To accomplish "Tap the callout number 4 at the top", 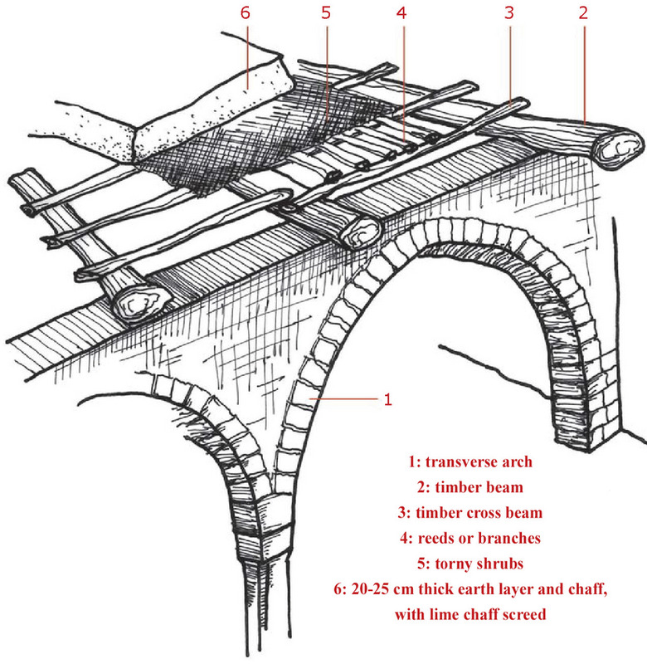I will click(401, 14).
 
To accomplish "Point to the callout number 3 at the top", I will click(508, 14).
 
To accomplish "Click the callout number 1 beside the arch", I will click(387, 399).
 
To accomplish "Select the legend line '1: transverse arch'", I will click(469, 461).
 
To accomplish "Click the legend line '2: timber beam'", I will click(469, 486).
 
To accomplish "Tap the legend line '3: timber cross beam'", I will click(469, 511).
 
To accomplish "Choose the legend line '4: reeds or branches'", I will click(469, 537).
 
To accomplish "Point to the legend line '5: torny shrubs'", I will click(469, 562).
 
